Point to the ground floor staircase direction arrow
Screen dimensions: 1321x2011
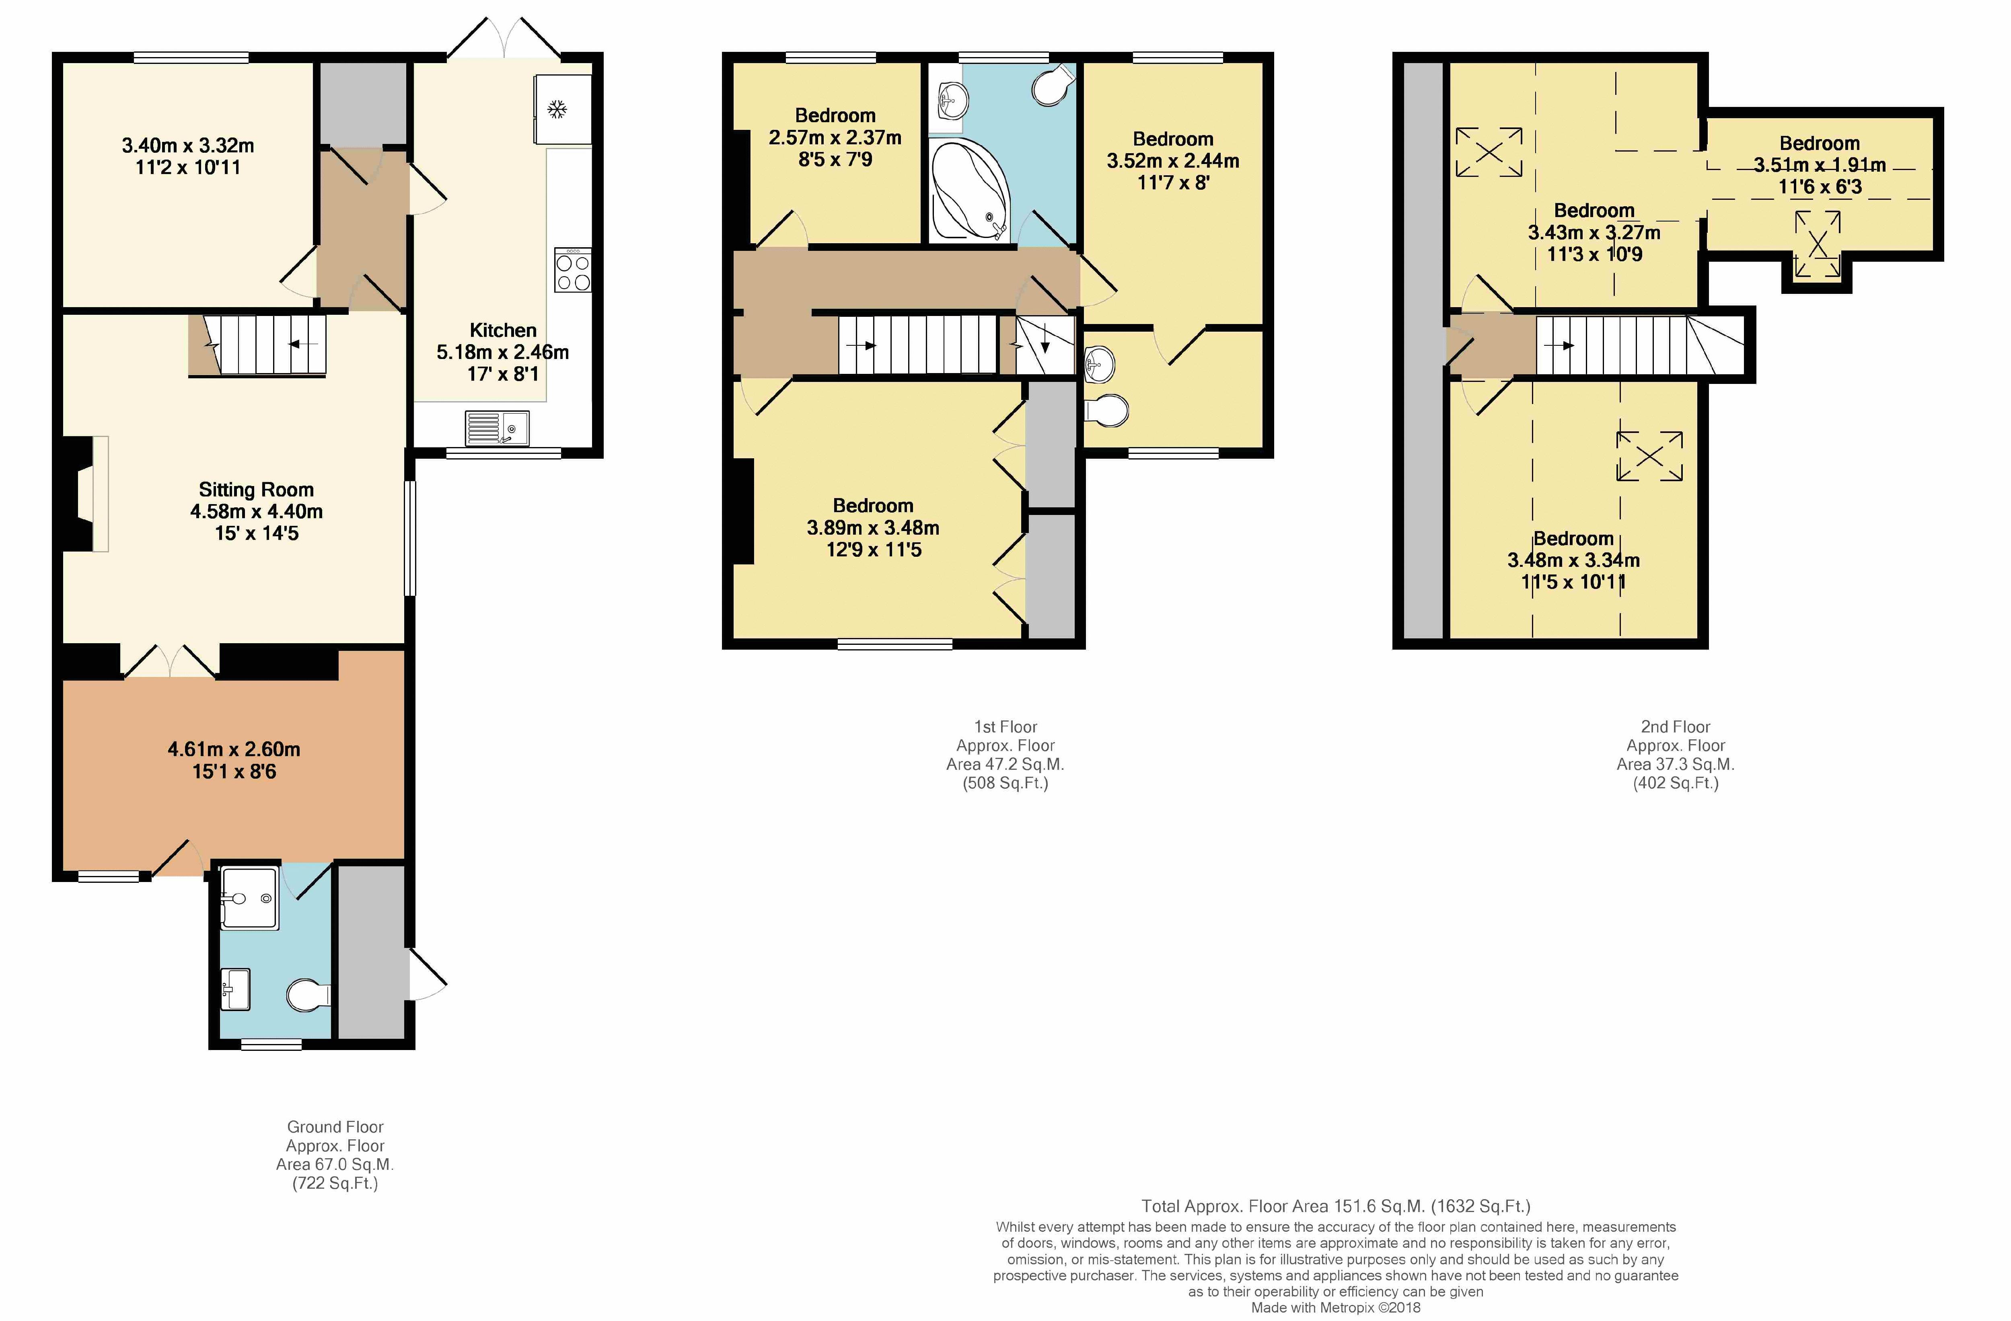[x=303, y=344]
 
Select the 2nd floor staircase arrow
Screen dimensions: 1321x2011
[x=1559, y=345]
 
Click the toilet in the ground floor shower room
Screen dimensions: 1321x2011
[x=308, y=995]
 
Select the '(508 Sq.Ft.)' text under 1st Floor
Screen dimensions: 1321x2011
[x=1005, y=783]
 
